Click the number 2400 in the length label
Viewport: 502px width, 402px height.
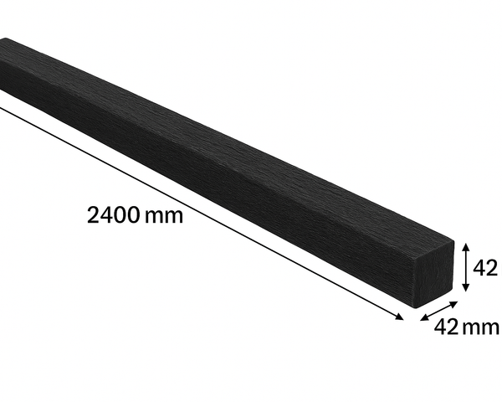(113, 215)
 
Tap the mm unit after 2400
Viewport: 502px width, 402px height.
(164, 216)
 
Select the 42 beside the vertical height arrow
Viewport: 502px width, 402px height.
(484, 268)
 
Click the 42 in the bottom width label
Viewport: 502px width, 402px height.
(446, 327)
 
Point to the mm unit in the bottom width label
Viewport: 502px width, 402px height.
(481, 328)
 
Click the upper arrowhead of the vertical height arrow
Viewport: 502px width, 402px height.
(466, 247)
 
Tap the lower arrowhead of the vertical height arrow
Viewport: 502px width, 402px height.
(466, 287)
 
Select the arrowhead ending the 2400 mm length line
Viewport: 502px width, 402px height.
(400, 317)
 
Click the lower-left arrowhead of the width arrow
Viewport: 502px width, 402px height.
(424, 317)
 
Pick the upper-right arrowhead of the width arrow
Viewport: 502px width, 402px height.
(453, 304)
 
